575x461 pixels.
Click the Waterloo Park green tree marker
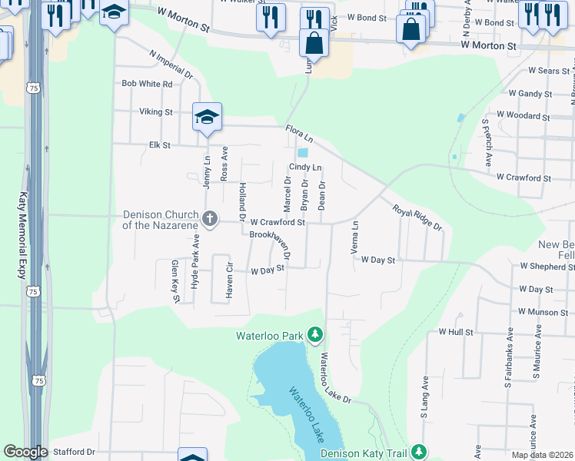[314, 335]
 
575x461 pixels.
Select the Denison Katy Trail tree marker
[418, 452]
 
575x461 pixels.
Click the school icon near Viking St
[207, 118]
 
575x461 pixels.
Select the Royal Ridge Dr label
[417, 217]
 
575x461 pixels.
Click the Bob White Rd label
[147, 83]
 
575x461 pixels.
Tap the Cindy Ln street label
[305, 167]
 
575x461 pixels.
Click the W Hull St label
[456, 332]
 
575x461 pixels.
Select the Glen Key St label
[175, 281]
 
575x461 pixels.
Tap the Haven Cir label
[228, 279]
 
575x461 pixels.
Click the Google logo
[25, 452]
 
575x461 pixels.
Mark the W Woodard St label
[523, 116]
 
